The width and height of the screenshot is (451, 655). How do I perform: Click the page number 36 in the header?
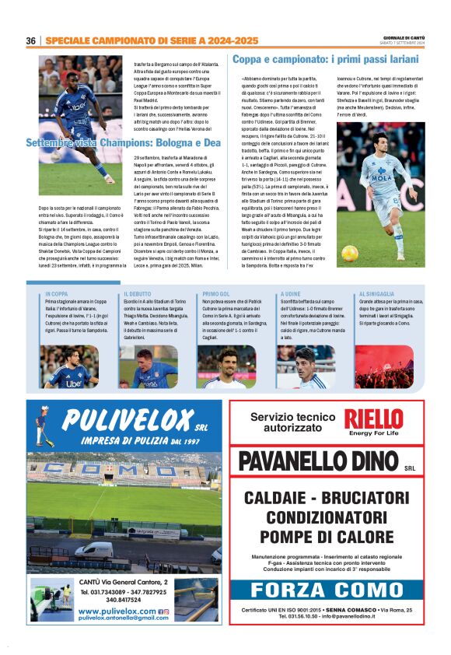point(31,40)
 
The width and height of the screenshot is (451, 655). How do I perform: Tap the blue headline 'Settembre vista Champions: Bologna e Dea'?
point(124,142)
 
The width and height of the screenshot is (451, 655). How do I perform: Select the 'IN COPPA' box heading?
point(56,294)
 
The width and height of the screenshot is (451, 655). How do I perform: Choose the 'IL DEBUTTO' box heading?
point(137,294)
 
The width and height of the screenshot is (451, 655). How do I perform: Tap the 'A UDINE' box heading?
point(290,294)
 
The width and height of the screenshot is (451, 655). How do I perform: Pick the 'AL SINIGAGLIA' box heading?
point(376,294)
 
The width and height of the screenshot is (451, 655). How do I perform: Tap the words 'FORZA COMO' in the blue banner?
point(327,590)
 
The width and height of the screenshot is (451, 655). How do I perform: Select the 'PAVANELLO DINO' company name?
point(319,461)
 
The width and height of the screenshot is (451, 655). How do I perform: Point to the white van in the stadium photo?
point(93,551)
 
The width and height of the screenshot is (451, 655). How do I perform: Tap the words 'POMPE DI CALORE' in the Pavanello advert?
point(327,536)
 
